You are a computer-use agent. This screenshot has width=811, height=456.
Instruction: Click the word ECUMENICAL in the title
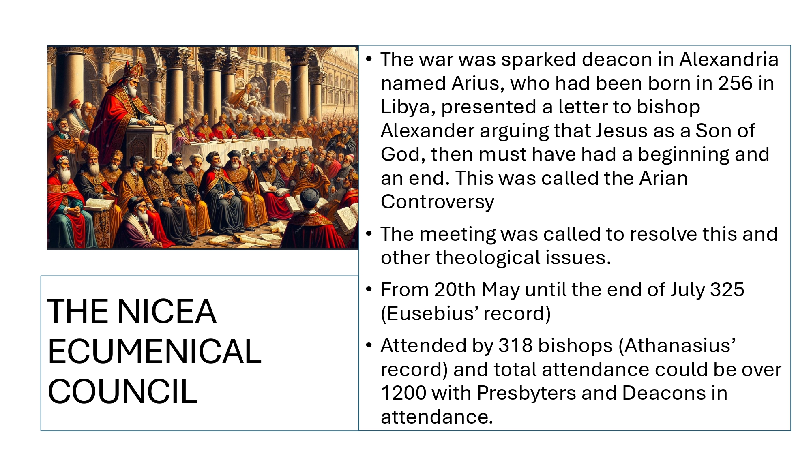154,351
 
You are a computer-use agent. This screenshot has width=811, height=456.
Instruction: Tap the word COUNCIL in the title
122,392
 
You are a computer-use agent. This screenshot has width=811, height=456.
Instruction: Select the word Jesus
634,131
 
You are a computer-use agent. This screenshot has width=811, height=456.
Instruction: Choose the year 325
727,290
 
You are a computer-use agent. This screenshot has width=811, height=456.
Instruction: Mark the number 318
515,346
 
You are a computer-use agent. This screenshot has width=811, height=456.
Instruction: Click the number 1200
403,393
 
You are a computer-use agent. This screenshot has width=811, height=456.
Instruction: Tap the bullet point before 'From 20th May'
369,289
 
